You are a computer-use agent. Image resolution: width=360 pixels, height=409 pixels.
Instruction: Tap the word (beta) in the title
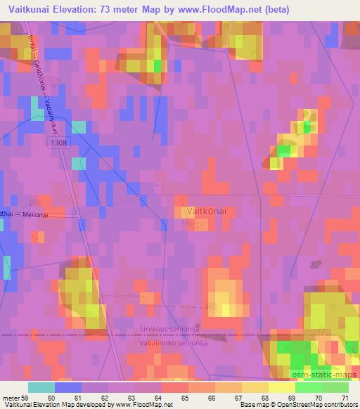coord(274,9)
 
